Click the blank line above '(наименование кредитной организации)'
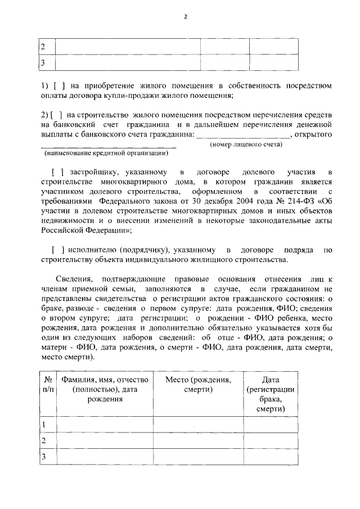point(109,147)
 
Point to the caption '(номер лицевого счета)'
point(246,145)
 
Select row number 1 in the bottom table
point(44,425)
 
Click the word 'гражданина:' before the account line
point(172,134)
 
